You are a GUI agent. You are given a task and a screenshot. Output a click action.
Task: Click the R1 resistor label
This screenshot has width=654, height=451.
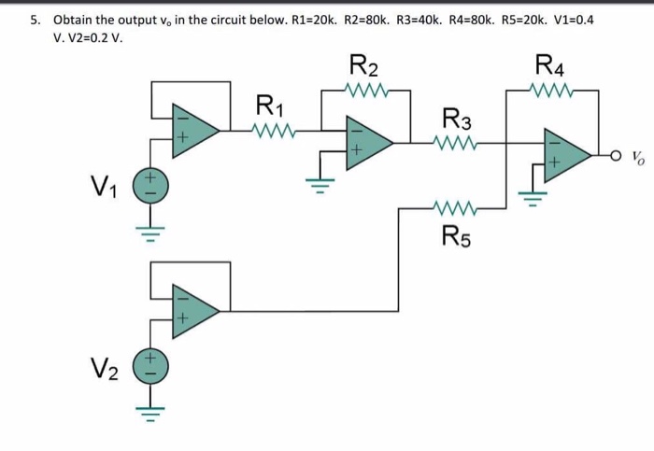pos(268,104)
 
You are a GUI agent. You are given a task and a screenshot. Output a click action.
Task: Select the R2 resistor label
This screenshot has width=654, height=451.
pos(363,67)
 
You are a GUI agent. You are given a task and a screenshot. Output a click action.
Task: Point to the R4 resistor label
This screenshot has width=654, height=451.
pos(550,67)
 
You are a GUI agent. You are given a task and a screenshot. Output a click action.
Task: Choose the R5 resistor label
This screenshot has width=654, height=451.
pos(456,233)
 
